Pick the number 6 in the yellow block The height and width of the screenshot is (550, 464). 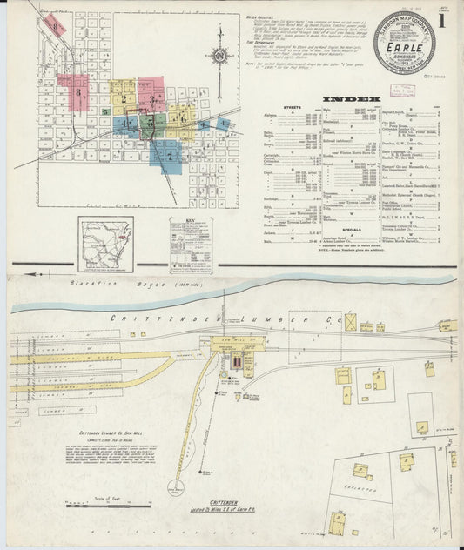183,117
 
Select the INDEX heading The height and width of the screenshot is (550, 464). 351,98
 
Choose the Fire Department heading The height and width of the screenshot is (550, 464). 259,50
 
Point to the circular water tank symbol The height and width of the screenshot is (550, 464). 178,488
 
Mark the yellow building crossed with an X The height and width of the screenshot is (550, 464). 350,322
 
